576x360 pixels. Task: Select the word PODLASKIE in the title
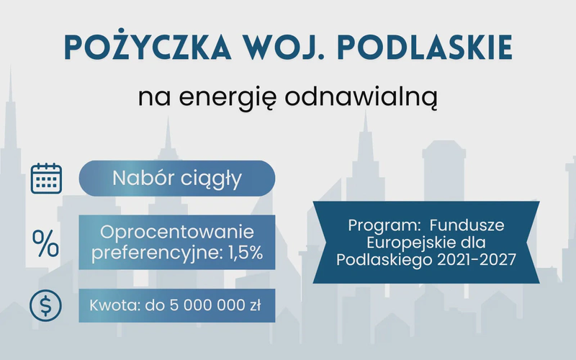click(x=425, y=48)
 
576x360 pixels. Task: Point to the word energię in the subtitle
click(x=228, y=98)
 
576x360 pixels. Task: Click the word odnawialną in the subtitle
click(x=361, y=96)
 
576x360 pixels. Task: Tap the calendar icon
click(x=46, y=179)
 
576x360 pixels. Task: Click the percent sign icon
click(x=45, y=243)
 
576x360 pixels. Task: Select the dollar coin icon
click(x=45, y=305)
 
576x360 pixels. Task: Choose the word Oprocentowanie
click(x=177, y=232)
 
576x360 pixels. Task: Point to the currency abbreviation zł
click(x=256, y=305)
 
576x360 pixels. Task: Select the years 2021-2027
click(x=477, y=260)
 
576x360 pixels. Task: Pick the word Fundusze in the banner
click(x=467, y=225)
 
